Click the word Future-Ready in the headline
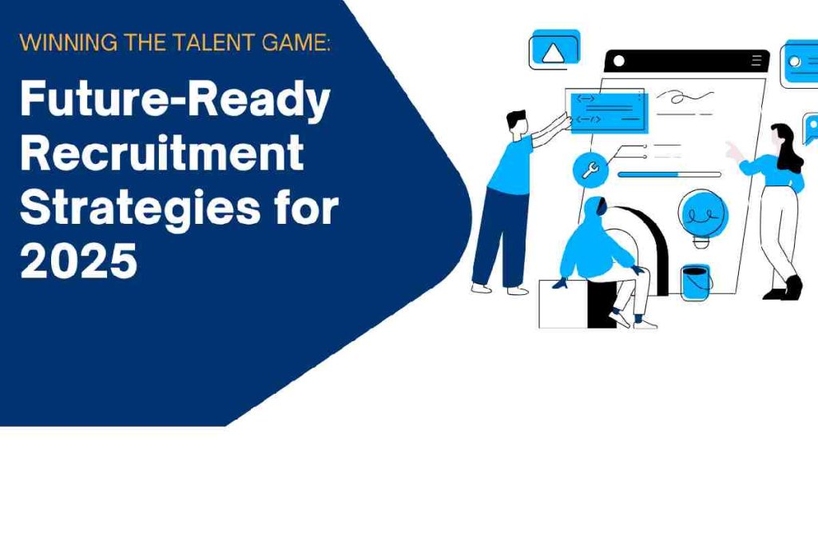[175, 102]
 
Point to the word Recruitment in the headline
[161, 152]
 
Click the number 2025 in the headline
[79, 260]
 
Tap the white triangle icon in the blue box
[552, 53]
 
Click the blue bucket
[697, 282]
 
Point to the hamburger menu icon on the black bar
[756, 61]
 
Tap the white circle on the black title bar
[619, 61]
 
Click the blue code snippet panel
[610, 112]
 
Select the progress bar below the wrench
[669, 174]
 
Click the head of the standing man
[518, 124]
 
